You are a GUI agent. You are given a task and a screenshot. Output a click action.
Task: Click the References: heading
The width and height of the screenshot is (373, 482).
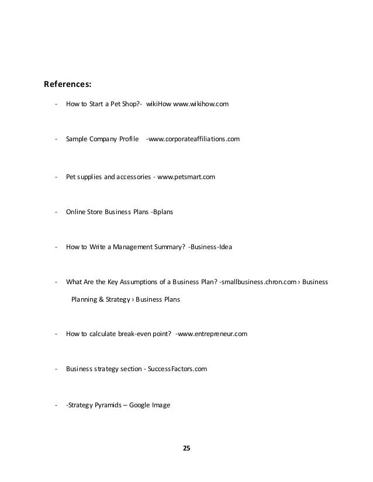tap(68, 83)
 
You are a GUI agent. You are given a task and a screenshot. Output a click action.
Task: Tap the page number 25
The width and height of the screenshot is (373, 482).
tap(186, 448)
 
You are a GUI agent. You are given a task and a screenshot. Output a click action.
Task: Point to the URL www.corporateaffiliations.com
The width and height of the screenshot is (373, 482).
tap(194, 139)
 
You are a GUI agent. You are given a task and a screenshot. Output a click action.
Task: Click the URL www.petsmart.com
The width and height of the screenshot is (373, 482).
tap(186, 177)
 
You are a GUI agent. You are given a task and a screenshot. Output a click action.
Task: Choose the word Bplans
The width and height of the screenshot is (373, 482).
tap(163, 212)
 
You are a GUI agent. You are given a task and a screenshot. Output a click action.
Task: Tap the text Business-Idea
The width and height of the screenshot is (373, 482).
tap(212, 247)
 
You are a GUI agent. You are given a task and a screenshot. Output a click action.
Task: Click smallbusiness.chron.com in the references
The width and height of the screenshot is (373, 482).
tap(257, 282)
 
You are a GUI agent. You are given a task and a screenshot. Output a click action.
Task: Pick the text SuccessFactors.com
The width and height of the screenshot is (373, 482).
tap(177, 369)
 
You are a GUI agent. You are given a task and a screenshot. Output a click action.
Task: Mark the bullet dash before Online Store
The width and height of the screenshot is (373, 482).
tap(55, 212)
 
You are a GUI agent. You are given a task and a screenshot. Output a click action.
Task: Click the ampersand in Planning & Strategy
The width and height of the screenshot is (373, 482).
tap(101, 299)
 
